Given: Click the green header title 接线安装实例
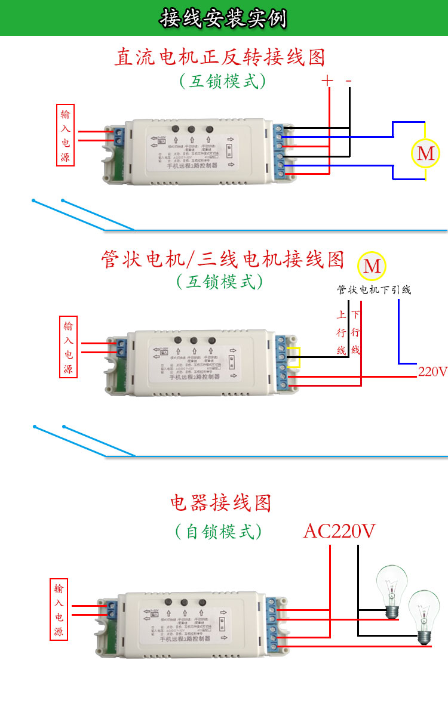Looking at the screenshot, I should pos(223,18).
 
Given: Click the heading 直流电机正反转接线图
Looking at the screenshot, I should pos(220,57).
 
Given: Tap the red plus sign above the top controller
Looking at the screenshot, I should pos(327,81).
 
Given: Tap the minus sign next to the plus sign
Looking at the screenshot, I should pos(349,81).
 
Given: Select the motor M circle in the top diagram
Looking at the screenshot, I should pos(425,153).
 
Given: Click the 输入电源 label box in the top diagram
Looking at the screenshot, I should pos(66,136).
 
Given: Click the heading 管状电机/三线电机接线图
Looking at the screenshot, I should pos(223,260).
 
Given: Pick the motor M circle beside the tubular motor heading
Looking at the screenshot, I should pos(372,266).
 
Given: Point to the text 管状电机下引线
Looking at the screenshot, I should pos(374,290).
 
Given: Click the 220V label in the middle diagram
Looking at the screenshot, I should pos(432,372).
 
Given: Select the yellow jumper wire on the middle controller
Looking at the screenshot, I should pos(297,357).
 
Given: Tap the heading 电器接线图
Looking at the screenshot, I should pos(220,503).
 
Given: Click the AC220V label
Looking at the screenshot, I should pos(339,530).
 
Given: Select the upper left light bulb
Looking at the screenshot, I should pos(391,591).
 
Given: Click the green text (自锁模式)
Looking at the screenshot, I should pos(219,531).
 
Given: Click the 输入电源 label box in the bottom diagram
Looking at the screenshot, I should pos(59,610).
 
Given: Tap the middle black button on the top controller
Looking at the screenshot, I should pos(192,129).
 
